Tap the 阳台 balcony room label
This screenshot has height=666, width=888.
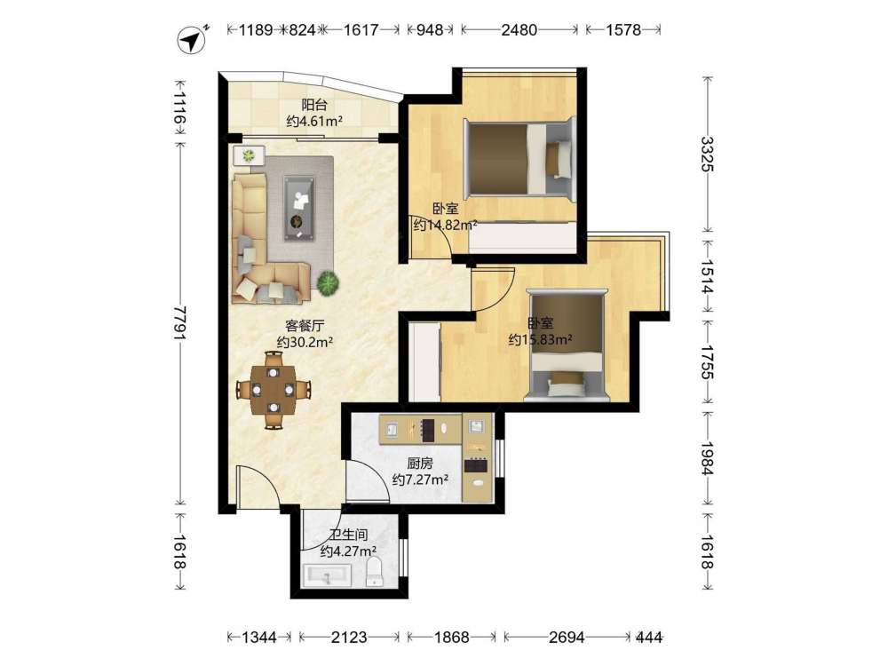[314, 105]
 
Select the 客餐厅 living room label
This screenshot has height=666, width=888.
[305, 326]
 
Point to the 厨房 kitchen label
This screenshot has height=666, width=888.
[420, 464]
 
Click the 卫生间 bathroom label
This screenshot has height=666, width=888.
[348, 535]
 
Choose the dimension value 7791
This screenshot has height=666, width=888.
[180, 323]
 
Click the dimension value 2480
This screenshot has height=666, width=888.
[519, 30]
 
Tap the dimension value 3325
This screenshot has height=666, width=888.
[708, 154]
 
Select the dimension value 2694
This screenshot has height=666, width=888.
[567, 638]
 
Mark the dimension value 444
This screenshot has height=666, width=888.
[649, 638]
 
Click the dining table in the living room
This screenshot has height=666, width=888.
[274, 390]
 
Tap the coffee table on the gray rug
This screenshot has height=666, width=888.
[299, 209]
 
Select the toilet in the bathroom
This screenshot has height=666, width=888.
[375, 571]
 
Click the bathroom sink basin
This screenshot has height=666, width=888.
[328, 576]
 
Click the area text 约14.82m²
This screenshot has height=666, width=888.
[445, 226]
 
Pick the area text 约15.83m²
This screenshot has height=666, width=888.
[540, 340]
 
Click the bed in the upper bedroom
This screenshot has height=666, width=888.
[519, 157]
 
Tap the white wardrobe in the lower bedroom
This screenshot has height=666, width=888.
[424, 362]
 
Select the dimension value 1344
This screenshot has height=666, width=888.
[259, 638]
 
